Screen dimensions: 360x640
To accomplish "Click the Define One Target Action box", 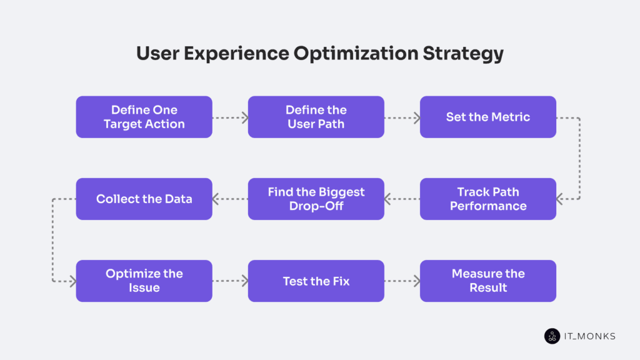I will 144,117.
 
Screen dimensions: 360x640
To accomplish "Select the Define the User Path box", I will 316,117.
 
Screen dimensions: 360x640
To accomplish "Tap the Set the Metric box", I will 487,117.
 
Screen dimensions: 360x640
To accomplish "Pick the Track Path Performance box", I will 487,199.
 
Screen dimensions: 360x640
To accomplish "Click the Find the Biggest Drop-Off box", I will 316,199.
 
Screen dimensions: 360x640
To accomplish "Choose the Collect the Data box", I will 144,199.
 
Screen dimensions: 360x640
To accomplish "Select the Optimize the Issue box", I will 144,281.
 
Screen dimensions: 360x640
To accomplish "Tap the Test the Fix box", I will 316,281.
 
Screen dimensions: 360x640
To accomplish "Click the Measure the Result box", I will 487,281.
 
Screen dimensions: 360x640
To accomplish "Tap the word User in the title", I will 157,53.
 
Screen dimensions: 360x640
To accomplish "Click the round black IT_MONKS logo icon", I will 552,336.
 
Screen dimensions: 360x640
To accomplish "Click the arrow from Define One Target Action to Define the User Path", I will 230,117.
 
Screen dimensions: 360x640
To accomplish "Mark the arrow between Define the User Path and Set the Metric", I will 402,117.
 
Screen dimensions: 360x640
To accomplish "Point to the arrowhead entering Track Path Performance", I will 561,199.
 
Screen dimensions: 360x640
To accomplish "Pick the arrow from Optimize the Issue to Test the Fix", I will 230,281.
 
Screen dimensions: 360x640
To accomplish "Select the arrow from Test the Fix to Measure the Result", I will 402,281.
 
